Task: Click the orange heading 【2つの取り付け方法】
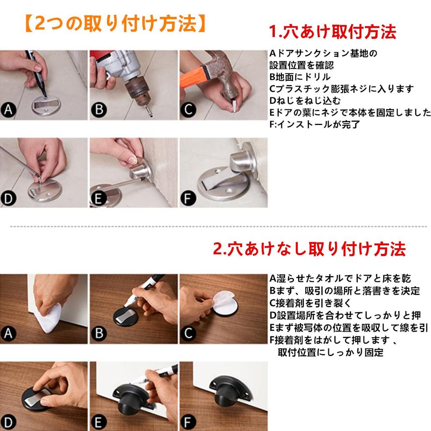click(x=114, y=24)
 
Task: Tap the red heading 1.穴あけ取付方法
click(x=333, y=32)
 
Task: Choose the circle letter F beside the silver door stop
click(x=188, y=197)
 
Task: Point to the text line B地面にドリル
click(x=300, y=77)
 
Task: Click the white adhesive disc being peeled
click(x=225, y=305)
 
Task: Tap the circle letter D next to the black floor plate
click(x=8, y=420)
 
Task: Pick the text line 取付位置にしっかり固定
click(x=330, y=352)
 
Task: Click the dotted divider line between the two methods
click(x=215, y=226)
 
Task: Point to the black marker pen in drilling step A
click(x=36, y=72)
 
